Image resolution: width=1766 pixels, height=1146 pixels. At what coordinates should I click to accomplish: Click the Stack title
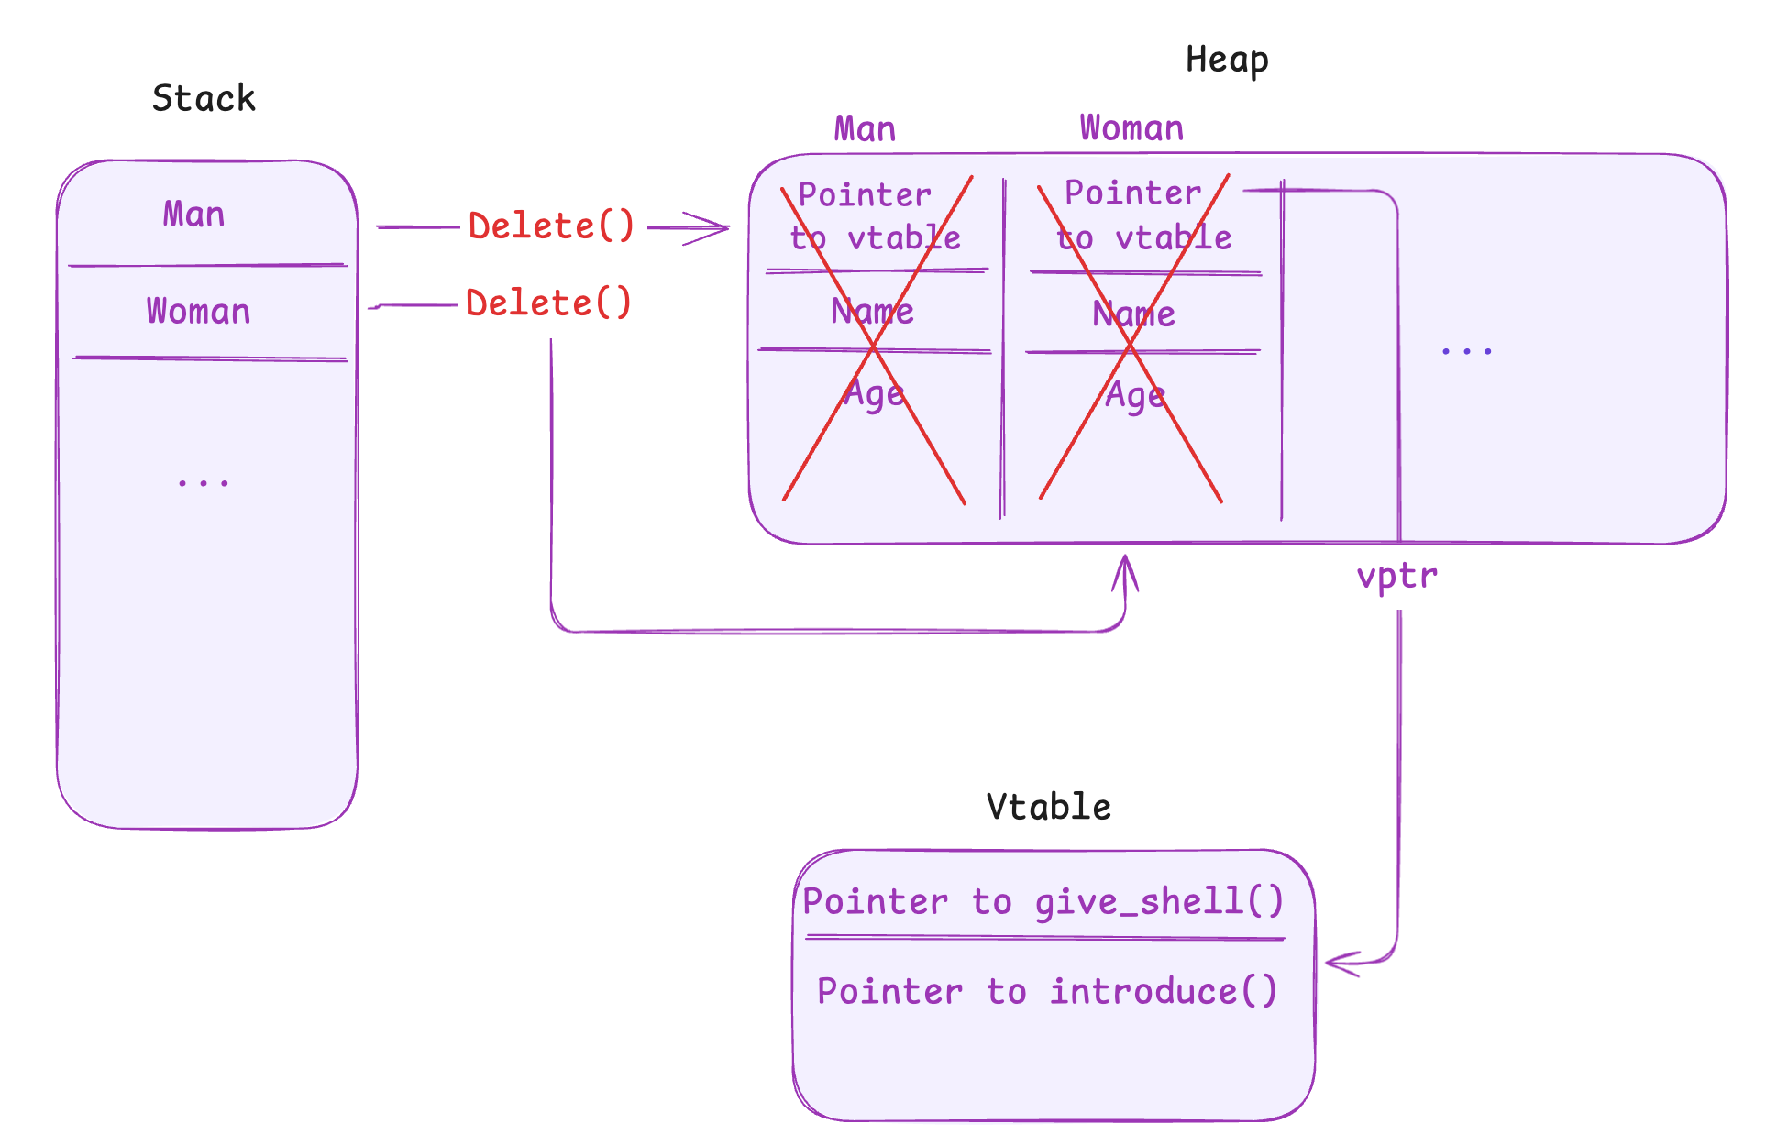click(x=204, y=98)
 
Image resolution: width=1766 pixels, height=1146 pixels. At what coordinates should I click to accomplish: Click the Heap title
click(x=1226, y=60)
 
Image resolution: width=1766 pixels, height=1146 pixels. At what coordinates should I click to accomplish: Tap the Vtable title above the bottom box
click(x=1048, y=807)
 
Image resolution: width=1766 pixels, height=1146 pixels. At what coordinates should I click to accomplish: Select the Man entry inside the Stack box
click(x=193, y=215)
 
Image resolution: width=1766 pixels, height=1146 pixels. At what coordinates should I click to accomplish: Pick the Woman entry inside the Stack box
click(x=198, y=312)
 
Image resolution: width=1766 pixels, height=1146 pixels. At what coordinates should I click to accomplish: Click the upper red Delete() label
click(x=551, y=226)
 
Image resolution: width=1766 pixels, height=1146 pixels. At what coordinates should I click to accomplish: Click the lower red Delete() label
click(x=548, y=303)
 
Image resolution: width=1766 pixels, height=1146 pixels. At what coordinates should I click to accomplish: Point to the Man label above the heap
click(x=864, y=129)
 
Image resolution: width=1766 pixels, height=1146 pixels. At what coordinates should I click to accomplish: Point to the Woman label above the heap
click(x=1131, y=128)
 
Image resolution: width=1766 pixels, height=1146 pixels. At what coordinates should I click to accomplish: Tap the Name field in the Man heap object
click(x=872, y=312)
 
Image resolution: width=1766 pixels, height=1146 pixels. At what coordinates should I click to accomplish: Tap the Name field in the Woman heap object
click(x=1133, y=314)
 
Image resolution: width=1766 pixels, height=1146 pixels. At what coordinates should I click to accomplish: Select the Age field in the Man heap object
click(x=874, y=394)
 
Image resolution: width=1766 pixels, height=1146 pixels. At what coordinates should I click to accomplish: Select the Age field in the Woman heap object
click(x=1135, y=396)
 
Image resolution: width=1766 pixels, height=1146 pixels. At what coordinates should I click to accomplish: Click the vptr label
click(x=1396, y=576)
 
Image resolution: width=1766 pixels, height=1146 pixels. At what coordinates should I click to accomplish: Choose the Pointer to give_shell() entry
click(x=1043, y=902)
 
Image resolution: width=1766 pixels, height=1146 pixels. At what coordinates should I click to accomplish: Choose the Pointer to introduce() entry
click(x=1046, y=991)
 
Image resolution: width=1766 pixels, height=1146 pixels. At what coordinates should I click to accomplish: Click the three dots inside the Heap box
click(x=1465, y=350)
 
